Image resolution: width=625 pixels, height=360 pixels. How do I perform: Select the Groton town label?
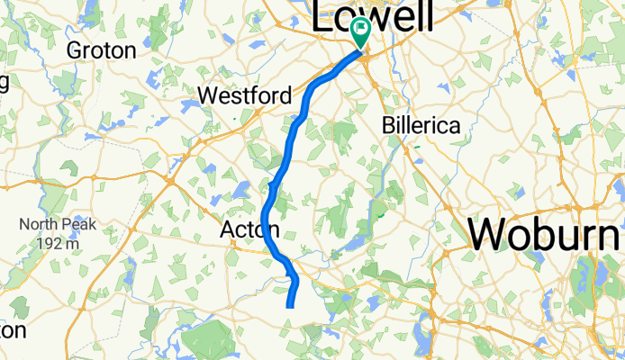tap(102, 50)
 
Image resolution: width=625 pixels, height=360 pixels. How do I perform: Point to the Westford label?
tap(244, 95)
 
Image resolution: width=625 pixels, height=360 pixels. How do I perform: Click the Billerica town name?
tap(421, 125)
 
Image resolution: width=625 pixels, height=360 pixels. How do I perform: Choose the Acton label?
tap(249, 231)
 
